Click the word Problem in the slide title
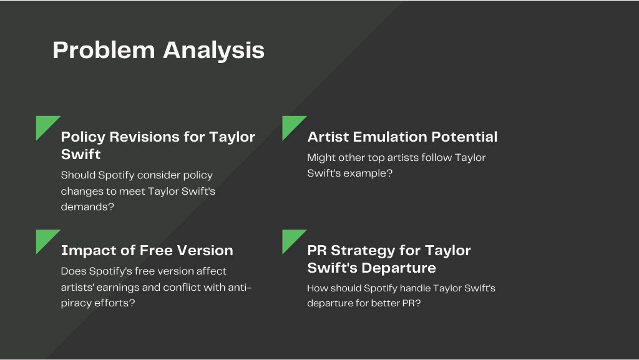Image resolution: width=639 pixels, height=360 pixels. point(104,50)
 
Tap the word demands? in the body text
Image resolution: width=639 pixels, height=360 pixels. point(87,207)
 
